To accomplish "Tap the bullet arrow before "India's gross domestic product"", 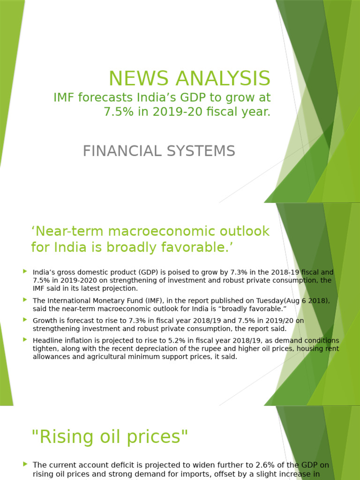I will [x=25, y=271].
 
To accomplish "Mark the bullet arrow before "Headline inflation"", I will [x=25, y=339].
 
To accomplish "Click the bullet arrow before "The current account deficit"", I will [x=25, y=464].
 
